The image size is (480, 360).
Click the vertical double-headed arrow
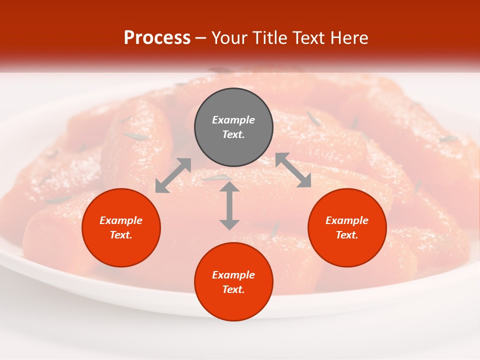229,205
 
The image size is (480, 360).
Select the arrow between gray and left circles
173,175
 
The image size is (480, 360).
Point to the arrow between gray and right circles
293,170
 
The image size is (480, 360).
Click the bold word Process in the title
157,38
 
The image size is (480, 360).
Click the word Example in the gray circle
233,120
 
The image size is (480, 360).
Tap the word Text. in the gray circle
233,134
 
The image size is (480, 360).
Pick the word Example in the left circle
121,220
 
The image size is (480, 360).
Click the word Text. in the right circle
347,235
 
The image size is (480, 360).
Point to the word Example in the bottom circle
233,275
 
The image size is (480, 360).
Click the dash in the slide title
201,38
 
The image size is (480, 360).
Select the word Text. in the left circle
121,235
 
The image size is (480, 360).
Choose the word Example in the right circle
347,220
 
